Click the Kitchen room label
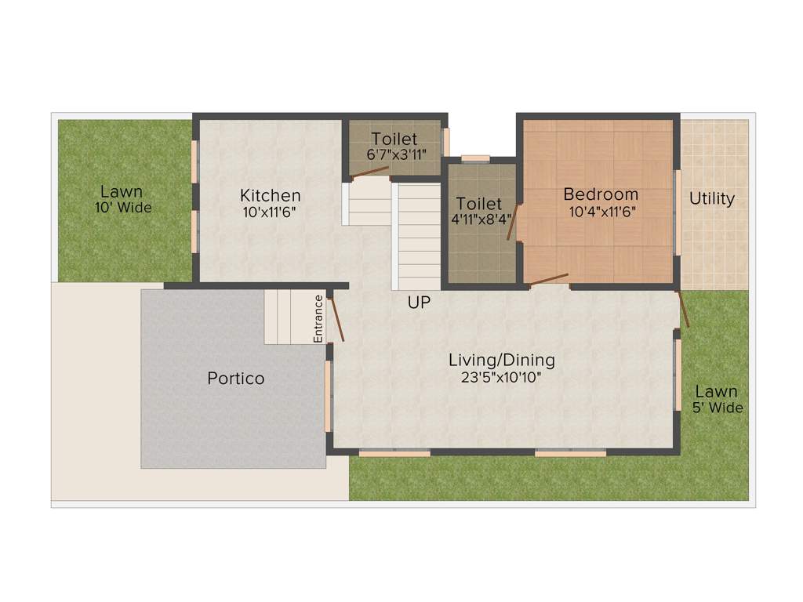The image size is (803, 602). click(270, 195)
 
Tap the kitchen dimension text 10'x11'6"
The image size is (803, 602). click(270, 211)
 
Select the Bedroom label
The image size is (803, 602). click(601, 194)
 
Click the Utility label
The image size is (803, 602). click(712, 198)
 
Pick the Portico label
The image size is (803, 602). click(236, 379)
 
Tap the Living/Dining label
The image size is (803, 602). click(502, 360)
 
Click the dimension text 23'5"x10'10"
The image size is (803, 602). click(502, 377)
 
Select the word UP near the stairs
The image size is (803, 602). click(419, 302)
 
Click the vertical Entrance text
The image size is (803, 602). click(318, 318)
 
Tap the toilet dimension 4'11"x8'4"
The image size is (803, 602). click(479, 220)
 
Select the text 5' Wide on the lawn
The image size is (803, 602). click(717, 408)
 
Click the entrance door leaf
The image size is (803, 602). click(336, 317)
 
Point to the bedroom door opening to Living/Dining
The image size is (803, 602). click(548, 279)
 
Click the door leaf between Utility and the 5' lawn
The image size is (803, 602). click(684, 308)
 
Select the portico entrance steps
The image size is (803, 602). click(288, 317)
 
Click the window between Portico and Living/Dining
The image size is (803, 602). click(329, 396)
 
